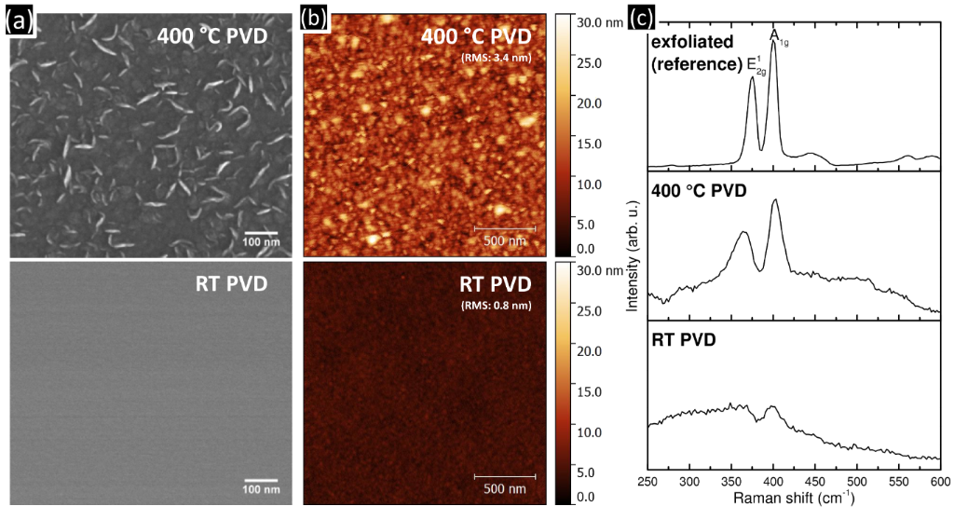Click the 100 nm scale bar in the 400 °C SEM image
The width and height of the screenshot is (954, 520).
tap(262, 234)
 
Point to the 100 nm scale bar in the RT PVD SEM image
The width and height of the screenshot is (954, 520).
tap(262, 481)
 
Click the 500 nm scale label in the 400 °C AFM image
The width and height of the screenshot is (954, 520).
tap(504, 241)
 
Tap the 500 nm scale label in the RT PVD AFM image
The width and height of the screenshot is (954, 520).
tap(504, 488)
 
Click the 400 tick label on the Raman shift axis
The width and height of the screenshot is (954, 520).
tap(772, 482)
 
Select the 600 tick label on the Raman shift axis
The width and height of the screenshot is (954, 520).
tap(939, 482)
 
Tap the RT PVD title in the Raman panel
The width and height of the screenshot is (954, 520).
tap(684, 341)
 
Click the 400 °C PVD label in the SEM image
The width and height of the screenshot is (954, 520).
tap(212, 34)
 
